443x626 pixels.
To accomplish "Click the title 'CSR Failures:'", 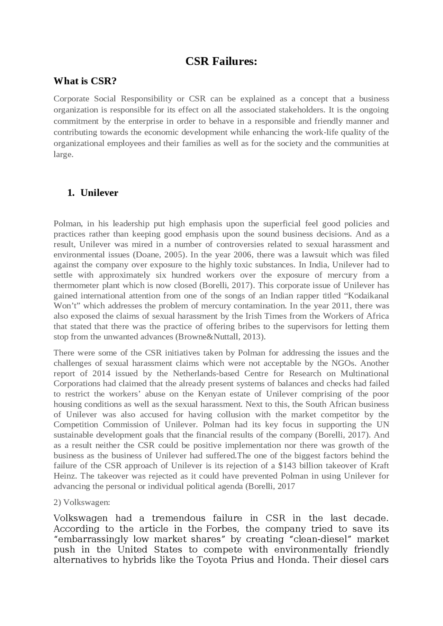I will [x=221, y=61].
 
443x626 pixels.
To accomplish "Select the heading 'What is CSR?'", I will [x=85, y=81].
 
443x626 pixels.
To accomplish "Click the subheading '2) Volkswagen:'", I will [x=82, y=502].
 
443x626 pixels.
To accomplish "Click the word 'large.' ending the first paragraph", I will [x=64, y=155].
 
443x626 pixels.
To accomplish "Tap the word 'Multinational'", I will [x=364, y=373].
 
